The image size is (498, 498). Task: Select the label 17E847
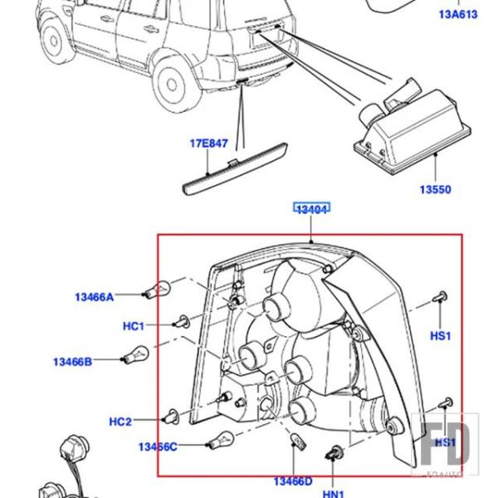(x=208, y=143)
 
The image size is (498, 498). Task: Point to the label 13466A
(x=94, y=296)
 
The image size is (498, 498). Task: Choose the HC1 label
(x=134, y=326)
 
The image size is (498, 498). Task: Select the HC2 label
(x=120, y=422)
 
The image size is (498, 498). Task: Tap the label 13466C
(x=158, y=447)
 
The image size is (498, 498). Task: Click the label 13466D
(x=293, y=481)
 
